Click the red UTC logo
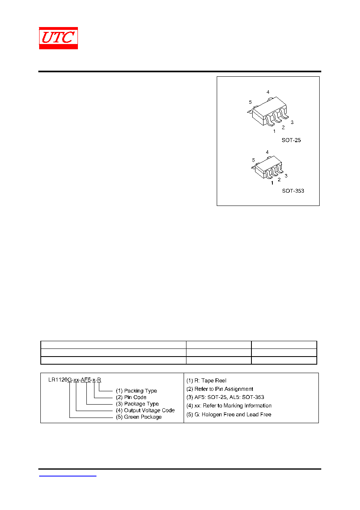coord(59,38)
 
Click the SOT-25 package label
coord(291,140)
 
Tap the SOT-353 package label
coord(293,191)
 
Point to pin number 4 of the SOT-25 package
coord(268,92)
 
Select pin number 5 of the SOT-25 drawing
coord(250,102)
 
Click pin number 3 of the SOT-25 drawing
coord(292,122)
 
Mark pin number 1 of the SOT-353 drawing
coord(272,183)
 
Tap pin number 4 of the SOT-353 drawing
coord(267,152)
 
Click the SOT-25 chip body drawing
coord(268,111)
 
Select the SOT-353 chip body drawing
coord(268,168)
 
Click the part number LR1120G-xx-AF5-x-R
coord(75,380)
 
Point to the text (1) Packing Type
coord(136,391)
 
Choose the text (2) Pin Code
coord(131,397)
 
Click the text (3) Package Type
coord(137,404)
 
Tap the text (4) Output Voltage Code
coord(145,410)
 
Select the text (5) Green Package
coord(139,417)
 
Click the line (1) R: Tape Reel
coord(206,381)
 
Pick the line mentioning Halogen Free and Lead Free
coord(229,414)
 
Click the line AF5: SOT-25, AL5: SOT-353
coord(225,397)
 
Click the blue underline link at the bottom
coord(67,476)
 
